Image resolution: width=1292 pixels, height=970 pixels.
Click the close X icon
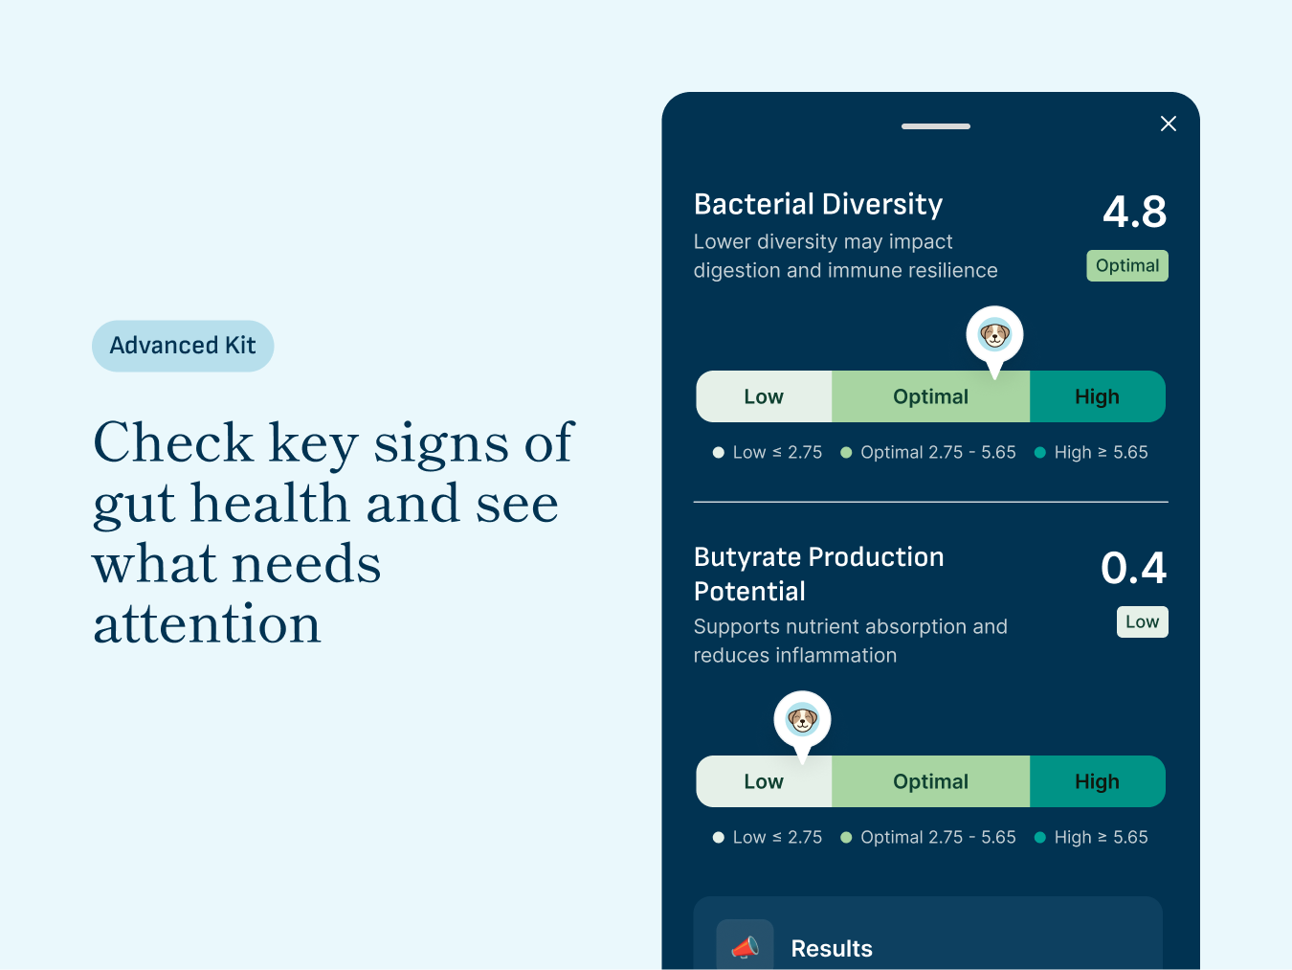pos(1168,124)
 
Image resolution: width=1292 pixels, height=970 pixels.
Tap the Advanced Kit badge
pos(183,346)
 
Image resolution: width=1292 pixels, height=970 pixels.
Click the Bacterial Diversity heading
pos(818,204)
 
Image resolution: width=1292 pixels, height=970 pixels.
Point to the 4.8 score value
pos(1134,212)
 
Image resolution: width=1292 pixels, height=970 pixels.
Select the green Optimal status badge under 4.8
pos(1126,266)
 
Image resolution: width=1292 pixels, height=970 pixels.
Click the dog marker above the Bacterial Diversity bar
pos(994,335)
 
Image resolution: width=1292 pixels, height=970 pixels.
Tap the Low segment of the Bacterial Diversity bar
pos(764,396)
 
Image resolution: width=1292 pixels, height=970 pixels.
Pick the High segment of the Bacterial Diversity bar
pos(1097,396)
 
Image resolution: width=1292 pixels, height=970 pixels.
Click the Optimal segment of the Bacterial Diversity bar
pos(930,396)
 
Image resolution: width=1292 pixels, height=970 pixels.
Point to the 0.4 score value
pos(1133,568)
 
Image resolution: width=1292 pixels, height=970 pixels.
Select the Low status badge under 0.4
pos(1142,622)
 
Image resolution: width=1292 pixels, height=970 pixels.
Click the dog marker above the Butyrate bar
pos(802,719)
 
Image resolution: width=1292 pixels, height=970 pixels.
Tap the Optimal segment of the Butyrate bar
pos(930,781)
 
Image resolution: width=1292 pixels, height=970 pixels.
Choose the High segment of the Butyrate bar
pos(1097,781)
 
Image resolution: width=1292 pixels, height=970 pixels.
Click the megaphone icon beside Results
pos(745,947)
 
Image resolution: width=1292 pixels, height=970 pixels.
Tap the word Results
pos(832,949)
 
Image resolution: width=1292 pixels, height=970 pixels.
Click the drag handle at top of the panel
pos(935,126)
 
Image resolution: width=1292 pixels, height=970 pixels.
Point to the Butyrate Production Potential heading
pos(818,574)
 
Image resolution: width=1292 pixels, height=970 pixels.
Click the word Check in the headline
pos(173,443)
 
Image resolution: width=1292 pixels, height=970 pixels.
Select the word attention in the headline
pos(207,624)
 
